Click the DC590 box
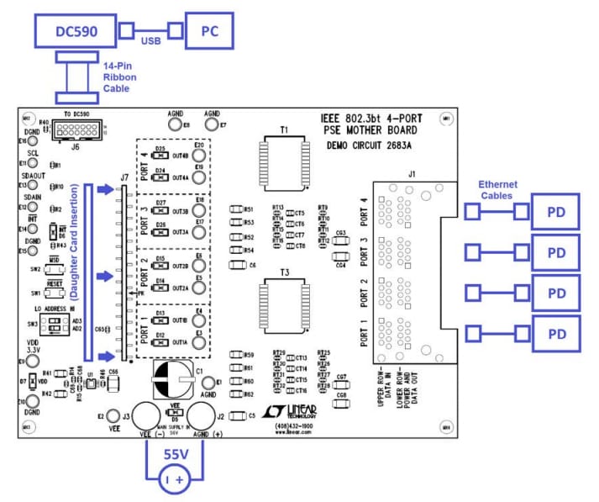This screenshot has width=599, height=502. pyautogui.click(x=75, y=31)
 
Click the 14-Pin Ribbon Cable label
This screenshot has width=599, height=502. pyautogui.click(x=121, y=77)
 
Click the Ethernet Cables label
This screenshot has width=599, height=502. pyautogui.click(x=497, y=189)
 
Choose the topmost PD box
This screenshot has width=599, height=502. pyautogui.click(x=555, y=212)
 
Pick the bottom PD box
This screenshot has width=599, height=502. pyautogui.click(x=555, y=334)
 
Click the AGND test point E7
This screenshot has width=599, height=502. pyautogui.click(x=211, y=124)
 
